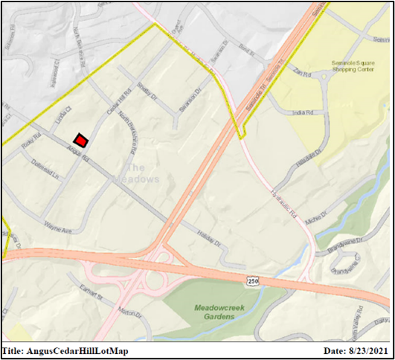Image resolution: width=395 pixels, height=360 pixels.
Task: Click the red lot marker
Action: coord(80,139)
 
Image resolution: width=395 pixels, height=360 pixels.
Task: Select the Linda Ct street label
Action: coord(62,118)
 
